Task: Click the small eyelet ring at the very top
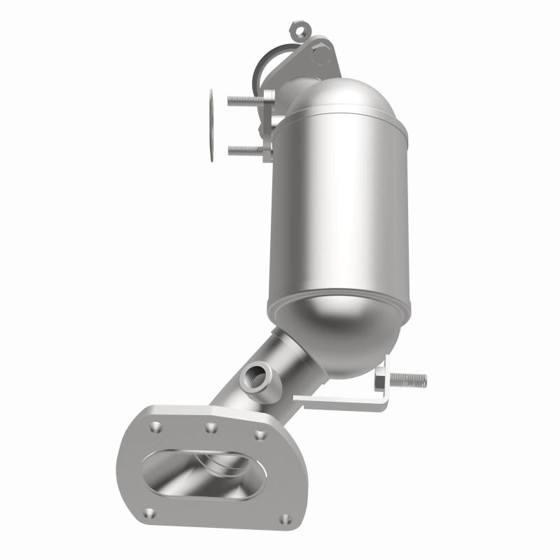pyautogui.click(x=299, y=31)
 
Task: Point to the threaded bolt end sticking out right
pyautogui.click(x=409, y=380)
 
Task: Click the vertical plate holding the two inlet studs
pyautogui.click(x=269, y=126)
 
